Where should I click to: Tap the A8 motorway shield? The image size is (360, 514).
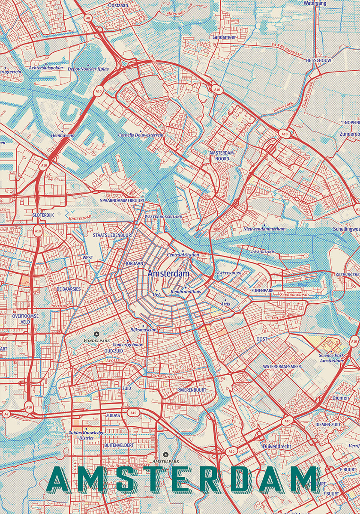[88, 18]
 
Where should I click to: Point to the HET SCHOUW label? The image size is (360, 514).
[318, 61]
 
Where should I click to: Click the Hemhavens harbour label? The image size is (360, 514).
[62, 135]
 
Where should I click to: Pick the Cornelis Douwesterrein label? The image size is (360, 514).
[141, 135]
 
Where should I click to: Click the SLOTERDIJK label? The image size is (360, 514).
[43, 215]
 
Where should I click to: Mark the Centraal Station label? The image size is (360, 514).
[183, 255]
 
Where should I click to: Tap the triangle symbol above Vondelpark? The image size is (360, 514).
[97, 334]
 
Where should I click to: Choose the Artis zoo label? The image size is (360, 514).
[225, 304]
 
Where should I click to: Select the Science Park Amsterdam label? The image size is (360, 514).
[331, 358]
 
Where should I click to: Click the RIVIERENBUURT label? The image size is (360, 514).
[192, 390]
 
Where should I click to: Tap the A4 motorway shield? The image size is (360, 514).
[6, 414]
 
